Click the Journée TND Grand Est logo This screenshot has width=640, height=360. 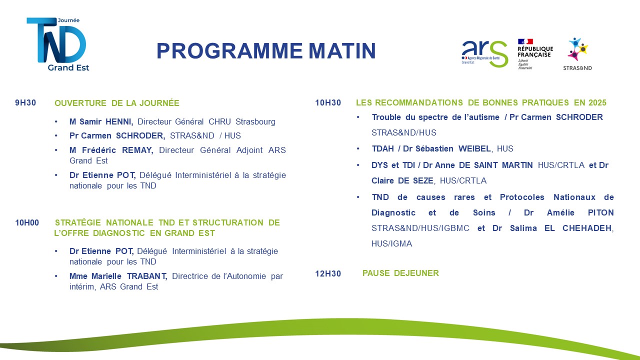(x=58, y=44)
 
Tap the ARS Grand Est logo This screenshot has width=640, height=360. (x=484, y=53)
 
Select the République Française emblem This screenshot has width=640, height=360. (x=535, y=54)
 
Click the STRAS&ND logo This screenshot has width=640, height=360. (x=577, y=54)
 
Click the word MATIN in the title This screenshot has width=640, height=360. (x=342, y=51)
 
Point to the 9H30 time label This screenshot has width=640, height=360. (x=25, y=103)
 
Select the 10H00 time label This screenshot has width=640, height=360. (x=27, y=222)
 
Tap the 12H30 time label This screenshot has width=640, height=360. (x=328, y=273)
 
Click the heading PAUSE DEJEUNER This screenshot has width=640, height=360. (x=400, y=273)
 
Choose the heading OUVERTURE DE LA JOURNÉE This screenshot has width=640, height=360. (x=117, y=103)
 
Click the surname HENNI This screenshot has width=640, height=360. (x=119, y=121)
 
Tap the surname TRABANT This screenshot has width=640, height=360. (x=147, y=276)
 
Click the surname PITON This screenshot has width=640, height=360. (x=601, y=212)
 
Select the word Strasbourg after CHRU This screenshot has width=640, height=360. (x=255, y=121)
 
